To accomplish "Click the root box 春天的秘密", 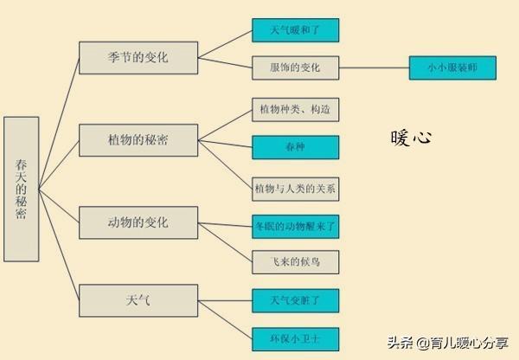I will pos(21,189).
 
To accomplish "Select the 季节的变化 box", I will pos(138,58).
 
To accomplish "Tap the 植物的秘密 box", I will pos(138,139).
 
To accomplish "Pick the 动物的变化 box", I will pos(138,223).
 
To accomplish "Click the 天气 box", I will pos(138,299).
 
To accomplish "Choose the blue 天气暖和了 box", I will pos(295,29).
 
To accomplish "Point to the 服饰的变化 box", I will pos(295,67).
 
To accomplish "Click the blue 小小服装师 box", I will pos(452,67).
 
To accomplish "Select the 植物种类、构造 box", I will pos(295,110).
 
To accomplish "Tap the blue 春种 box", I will pos(295,148).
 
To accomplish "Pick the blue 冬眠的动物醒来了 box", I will pos(295,226).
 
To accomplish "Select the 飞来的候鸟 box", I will pos(295,260).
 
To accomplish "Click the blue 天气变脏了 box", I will pos(295,299).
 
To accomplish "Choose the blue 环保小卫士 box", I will pos(295,336).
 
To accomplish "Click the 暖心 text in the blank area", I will pos(410,138).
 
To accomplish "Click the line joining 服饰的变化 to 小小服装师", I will pos(374,67).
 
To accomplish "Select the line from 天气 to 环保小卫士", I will pos(225,318).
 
